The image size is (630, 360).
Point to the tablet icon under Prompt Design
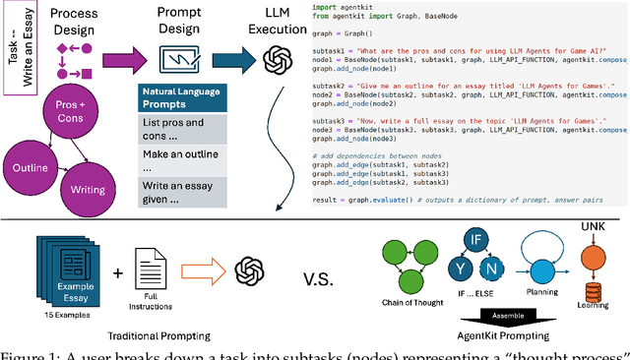[179, 58]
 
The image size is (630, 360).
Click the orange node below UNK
[592, 255]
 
